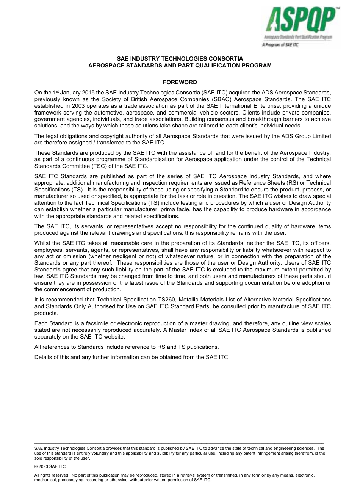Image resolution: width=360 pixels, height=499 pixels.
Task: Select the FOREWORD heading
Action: pos(180,82)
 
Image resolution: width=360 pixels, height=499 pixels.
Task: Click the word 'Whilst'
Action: pos(42,243)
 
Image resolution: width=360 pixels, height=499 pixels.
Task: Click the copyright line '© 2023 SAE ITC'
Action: pos(50,467)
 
